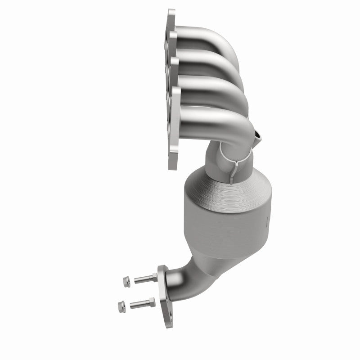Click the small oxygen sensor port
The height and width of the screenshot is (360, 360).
point(257,135)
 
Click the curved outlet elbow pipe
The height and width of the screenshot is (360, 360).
point(184,274)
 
